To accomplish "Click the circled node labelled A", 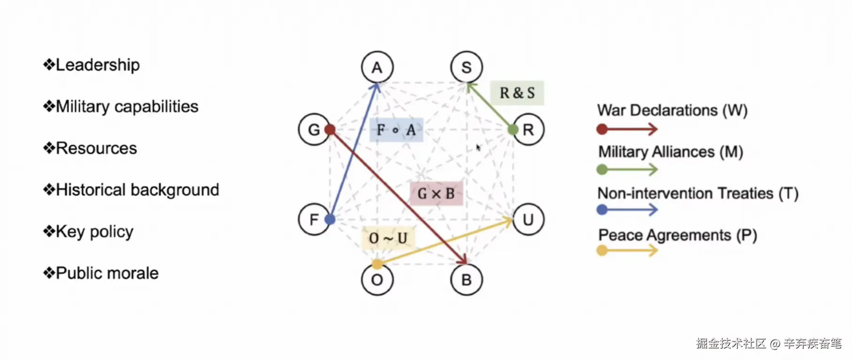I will [x=377, y=68].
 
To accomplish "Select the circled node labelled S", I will [x=466, y=68].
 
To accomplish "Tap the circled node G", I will [x=314, y=130].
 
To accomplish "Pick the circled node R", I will [x=529, y=130].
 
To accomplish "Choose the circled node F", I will [x=314, y=219].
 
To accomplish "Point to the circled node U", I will [x=529, y=219].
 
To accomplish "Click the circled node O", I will [x=377, y=280].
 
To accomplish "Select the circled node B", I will [x=466, y=280].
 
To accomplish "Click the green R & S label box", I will [x=517, y=93].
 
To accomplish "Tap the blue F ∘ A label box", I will [x=396, y=130].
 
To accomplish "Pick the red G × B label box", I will [x=436, y=193].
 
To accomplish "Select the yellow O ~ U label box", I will [x=388, y=238].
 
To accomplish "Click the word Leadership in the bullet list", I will [x=98, y=65].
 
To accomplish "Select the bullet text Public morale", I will [x=107, y=273].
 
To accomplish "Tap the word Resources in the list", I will [x=96, y=148].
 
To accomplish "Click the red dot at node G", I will [x=330, y=130].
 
